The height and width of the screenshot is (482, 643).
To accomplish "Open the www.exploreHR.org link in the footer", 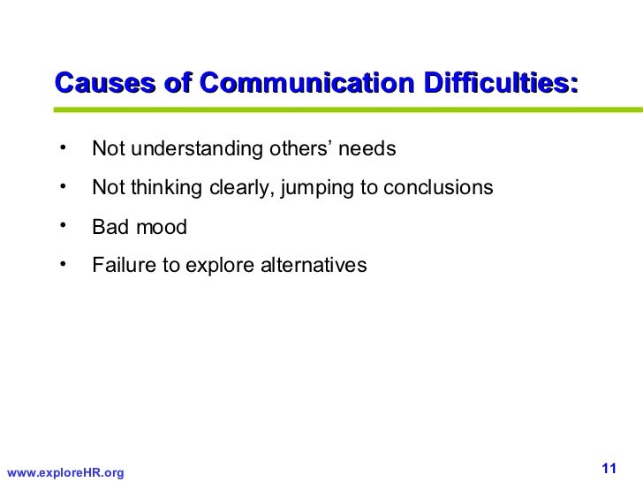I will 64,473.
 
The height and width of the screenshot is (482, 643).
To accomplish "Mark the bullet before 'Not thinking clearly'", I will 64,185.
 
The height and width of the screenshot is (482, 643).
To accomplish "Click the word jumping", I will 317,188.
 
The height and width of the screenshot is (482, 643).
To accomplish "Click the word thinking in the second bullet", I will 164,188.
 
